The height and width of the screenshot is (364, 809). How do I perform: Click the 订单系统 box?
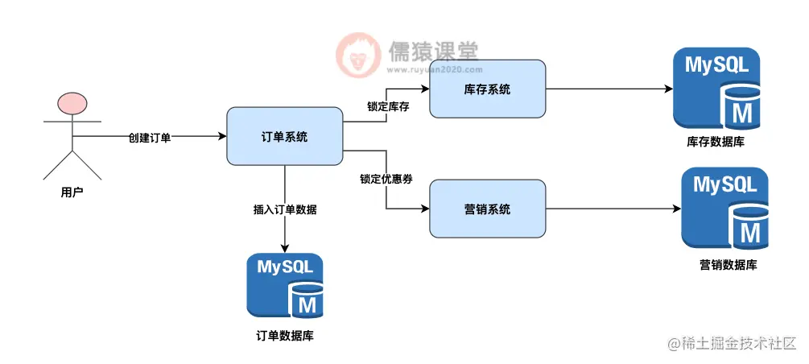[285, 137]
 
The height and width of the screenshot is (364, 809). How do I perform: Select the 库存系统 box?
[487, 89]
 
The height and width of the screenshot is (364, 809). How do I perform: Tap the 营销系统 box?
[487, 209]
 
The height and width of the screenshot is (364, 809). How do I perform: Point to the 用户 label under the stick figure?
[72, 192]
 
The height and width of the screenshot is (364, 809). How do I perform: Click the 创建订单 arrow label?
[150, 138]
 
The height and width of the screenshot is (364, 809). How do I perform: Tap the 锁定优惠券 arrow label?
[386, 179]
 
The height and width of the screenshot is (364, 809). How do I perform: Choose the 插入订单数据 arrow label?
[285, 209]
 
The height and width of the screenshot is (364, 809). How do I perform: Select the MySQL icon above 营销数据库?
[721, 209]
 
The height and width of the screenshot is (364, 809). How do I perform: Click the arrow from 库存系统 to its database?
[608, 89]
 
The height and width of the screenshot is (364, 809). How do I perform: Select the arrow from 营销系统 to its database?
[612, 209]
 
